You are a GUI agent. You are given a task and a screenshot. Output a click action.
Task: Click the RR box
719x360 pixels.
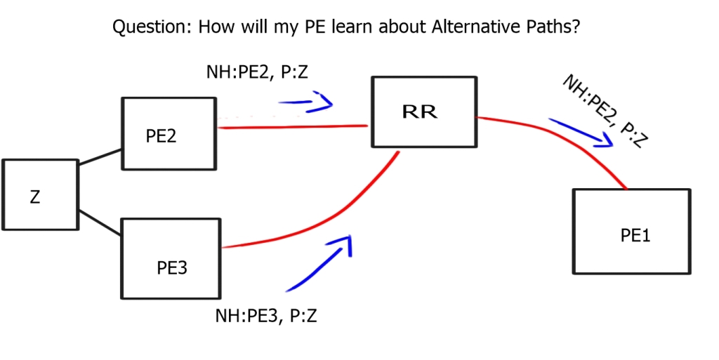tap(423, 112)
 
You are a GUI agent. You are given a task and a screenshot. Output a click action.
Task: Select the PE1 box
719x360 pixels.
tap(631, 231)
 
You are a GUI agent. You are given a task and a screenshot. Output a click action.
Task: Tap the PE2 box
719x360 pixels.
tap(169, 133)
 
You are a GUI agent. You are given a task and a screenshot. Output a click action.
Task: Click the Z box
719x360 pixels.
tap(39, 194)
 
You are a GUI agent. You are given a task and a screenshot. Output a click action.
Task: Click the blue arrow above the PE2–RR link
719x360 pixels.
tap(306, 104)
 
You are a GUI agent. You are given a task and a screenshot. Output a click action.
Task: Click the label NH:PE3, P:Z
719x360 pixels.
tap(266, 316)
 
